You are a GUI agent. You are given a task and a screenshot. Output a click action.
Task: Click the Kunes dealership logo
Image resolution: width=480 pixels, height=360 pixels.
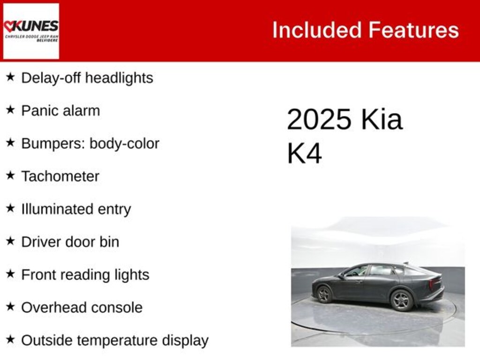coord(31,31)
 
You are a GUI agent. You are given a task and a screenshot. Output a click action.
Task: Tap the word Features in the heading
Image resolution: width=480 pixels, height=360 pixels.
coord(413,30)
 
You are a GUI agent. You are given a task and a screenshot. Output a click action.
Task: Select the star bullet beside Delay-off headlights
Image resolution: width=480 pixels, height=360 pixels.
coord(10,77)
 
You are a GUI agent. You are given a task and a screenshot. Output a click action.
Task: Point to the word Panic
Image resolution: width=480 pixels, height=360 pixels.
coord(39,111)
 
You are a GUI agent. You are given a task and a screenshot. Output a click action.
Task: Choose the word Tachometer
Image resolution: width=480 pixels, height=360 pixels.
coord(60,176)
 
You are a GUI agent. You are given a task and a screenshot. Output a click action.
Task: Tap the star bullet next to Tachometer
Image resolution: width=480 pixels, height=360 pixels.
coord(10,176)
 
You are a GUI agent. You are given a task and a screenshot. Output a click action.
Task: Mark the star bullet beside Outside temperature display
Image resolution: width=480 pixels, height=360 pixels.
coord(10,340)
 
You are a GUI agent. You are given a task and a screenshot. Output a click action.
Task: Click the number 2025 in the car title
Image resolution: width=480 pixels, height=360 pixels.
coord(319,119)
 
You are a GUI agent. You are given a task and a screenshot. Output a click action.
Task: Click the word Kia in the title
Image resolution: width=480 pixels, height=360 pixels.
coord(382,119)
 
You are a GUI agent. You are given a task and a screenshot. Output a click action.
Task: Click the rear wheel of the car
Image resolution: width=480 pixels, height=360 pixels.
coord(401,300)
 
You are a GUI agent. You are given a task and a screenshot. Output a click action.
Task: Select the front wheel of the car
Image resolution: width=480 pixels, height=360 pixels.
coord(324,294)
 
